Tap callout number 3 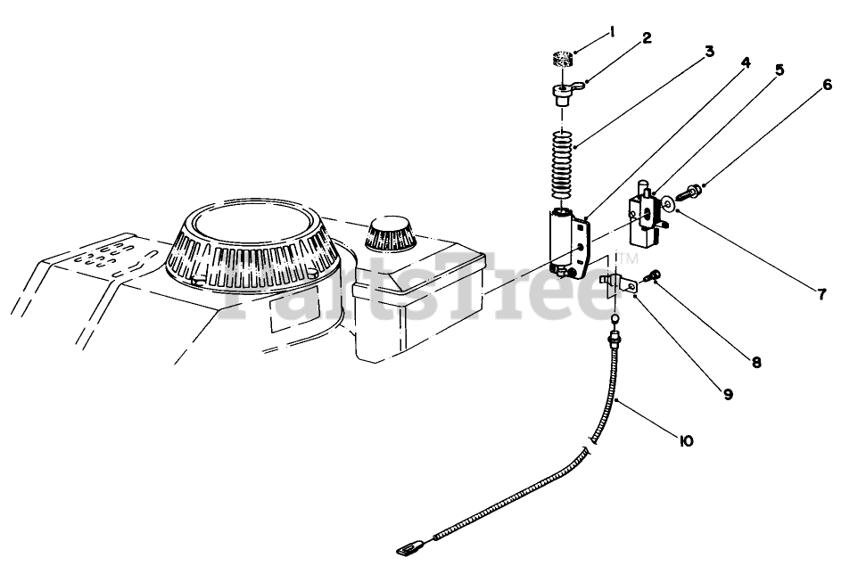coord(709,52)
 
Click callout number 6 coord(827,85)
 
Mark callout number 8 coord(755,362)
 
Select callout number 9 coord(728,392)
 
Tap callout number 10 coord(686,439)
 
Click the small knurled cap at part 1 coord(561,61)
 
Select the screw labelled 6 coord(691,191)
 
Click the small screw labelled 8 coord(654,276)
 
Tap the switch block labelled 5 coord(647,217)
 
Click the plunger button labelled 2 coord(563,94)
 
